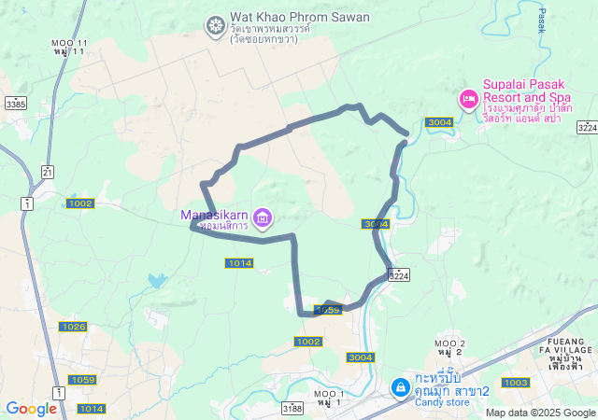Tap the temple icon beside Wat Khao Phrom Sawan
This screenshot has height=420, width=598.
(x=215, y=23)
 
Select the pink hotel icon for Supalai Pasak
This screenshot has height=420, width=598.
(x=468, y=98)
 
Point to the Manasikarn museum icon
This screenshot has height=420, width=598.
(x=263, y=219)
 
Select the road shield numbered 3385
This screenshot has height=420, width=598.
(x=15, y=105)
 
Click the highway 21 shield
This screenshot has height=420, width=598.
(x=47, y=171)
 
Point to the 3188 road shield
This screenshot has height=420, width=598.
(x=292, y=408)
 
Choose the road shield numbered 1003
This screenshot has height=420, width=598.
(x=515, y=383)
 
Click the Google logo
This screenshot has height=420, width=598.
(x=31, y=408)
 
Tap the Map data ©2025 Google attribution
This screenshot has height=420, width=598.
(x=540, y=413)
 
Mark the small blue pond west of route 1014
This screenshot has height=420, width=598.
(x=156, y=279)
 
